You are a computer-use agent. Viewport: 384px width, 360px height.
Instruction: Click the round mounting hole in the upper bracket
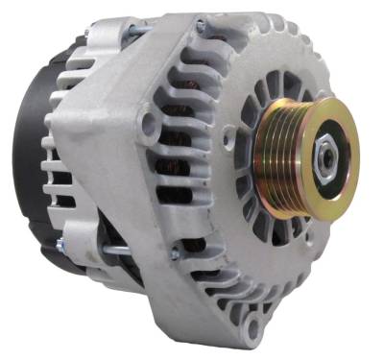click(x=148, y=125)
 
